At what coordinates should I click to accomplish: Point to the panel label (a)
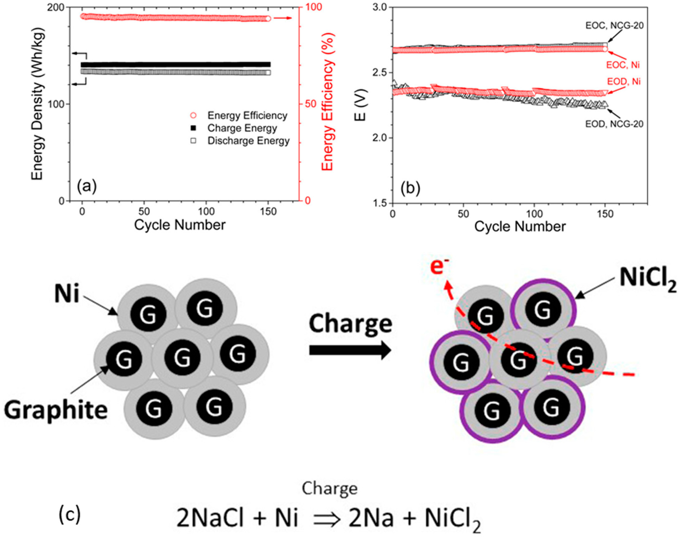coord(87,186)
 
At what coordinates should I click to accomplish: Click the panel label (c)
coord(70,514)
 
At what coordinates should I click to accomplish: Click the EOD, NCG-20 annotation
coord(614,124)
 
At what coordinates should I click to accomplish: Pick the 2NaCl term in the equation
coord(210,518)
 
